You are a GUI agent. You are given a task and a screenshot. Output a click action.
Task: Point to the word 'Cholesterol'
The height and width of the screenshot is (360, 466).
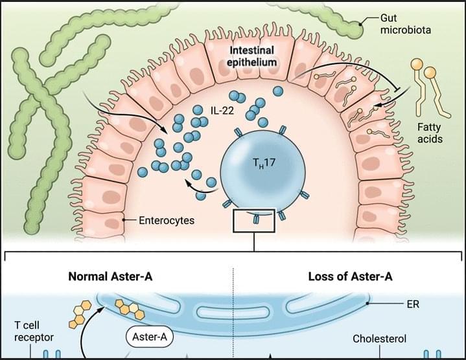coord(379,339)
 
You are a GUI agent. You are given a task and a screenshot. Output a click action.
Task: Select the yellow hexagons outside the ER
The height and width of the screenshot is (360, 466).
coord(78,314)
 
